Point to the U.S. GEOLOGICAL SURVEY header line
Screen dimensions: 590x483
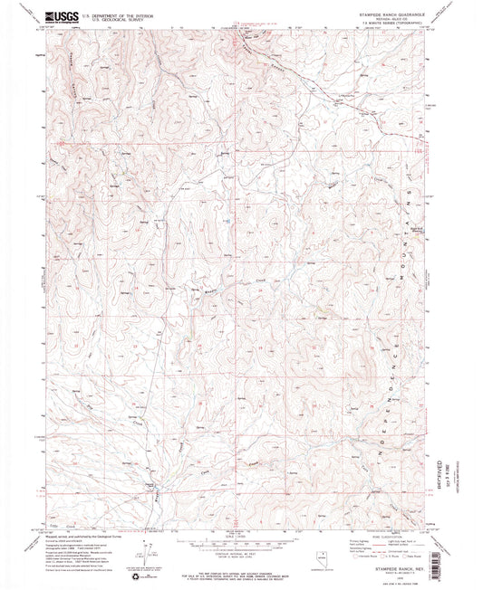click(107, 18)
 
